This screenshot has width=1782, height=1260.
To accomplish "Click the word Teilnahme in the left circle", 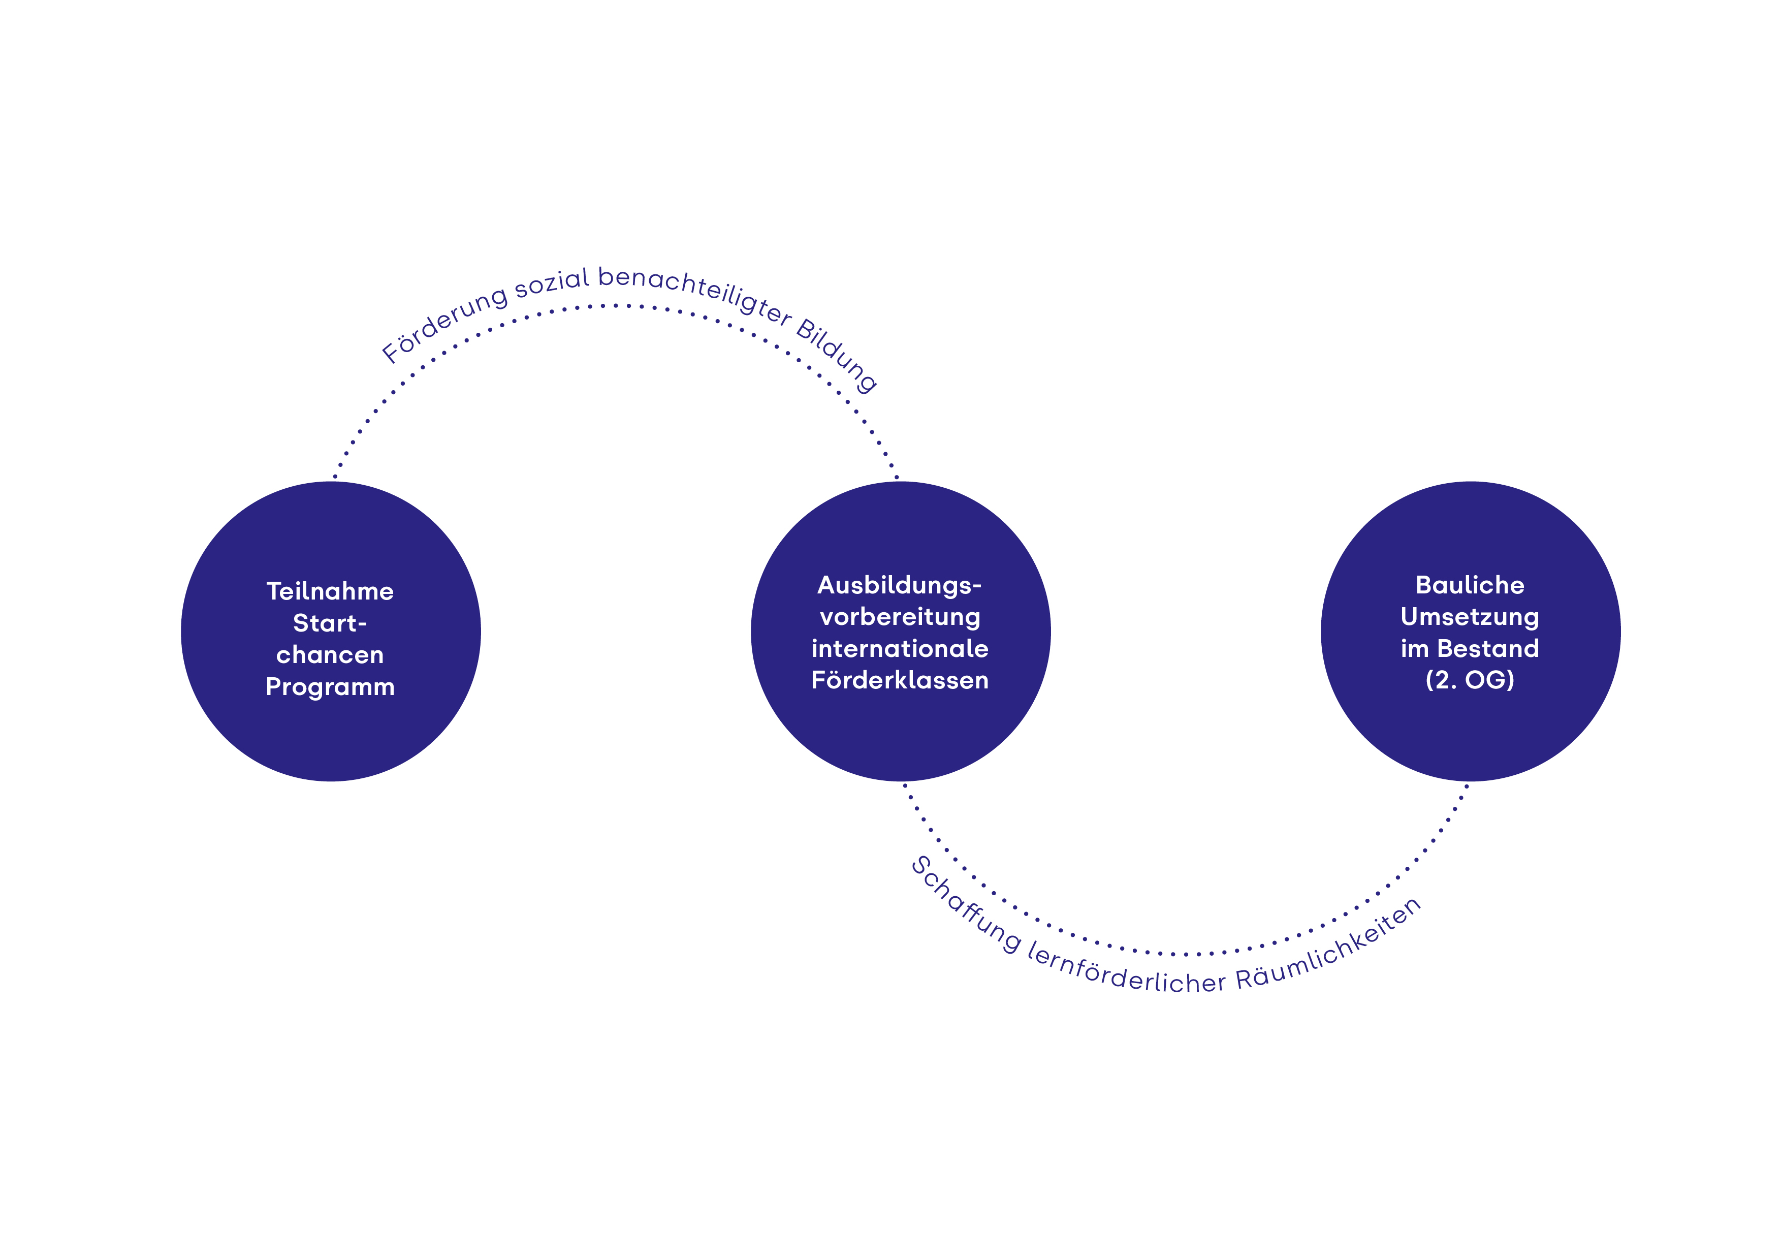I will click(x=330, y=591).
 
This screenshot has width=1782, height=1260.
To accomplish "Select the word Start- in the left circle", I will click(x=330, y=623).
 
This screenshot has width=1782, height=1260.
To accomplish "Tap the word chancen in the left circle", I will click(x=330, y=655).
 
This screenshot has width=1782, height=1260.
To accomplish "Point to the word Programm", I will click(x=330, y=687).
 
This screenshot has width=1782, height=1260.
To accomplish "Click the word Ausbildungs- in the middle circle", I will click(x=900, y=585).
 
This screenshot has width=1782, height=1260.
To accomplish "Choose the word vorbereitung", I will click(x=900, y=617).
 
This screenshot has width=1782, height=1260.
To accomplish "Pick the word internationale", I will click(x=900, y=649).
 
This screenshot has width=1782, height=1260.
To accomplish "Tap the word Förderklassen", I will click(x=900, y=681).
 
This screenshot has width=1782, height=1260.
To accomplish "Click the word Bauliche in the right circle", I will click(x=1470, y=585).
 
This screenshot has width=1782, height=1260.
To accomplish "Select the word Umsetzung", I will click(x=1470, y=617).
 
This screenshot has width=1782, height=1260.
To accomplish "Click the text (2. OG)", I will click(x=1470, y=681).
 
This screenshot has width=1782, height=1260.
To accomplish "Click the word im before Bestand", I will click(x=1415, y=649).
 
